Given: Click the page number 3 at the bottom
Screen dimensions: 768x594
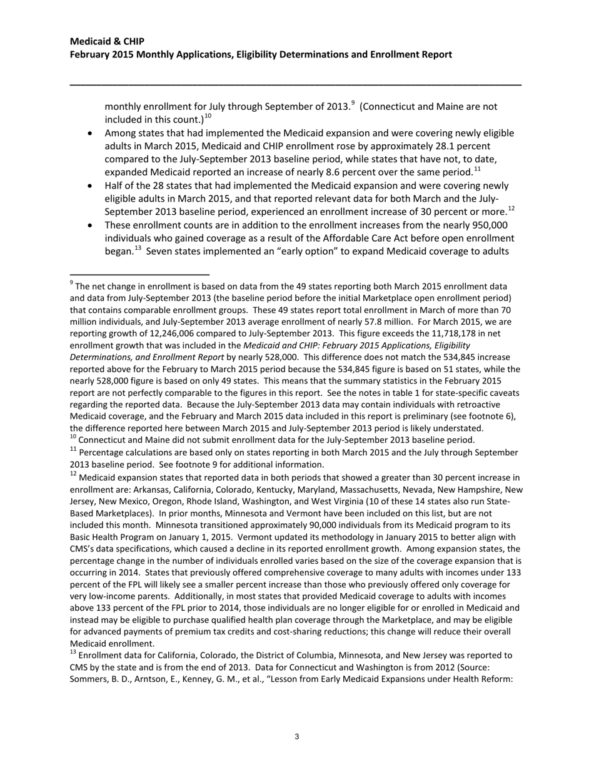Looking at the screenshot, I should (296, 737).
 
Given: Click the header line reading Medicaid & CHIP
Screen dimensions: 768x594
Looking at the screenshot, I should (107, 41).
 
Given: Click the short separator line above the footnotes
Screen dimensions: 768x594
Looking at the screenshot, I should (139, 274).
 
